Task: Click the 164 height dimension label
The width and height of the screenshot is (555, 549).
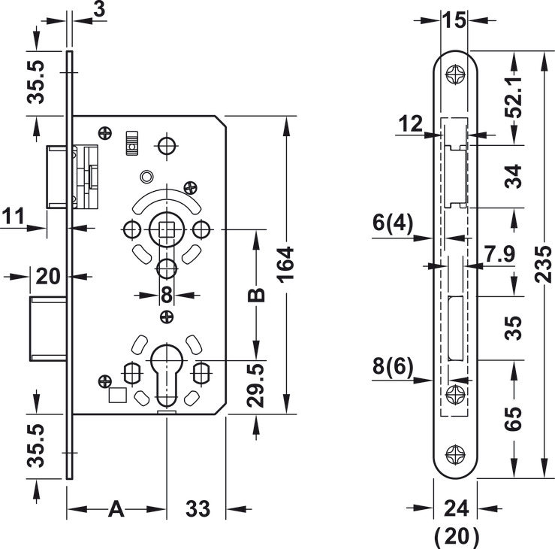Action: click(x=286, y=265)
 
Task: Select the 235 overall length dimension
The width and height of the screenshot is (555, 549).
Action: click(x=543, y=265)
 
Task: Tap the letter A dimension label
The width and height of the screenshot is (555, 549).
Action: click(x=116, y=509)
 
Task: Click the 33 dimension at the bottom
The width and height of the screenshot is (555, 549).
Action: click(x=198, y=509)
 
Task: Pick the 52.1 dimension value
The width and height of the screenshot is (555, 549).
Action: click(x=514, y=96)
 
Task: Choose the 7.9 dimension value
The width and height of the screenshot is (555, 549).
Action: click(x=499, y=253)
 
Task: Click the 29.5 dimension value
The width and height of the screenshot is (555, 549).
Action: click(x=256, y=385)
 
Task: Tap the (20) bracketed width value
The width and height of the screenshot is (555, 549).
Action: click(x=457, y=536)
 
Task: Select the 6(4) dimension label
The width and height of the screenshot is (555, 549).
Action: click(x=393, y=223)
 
